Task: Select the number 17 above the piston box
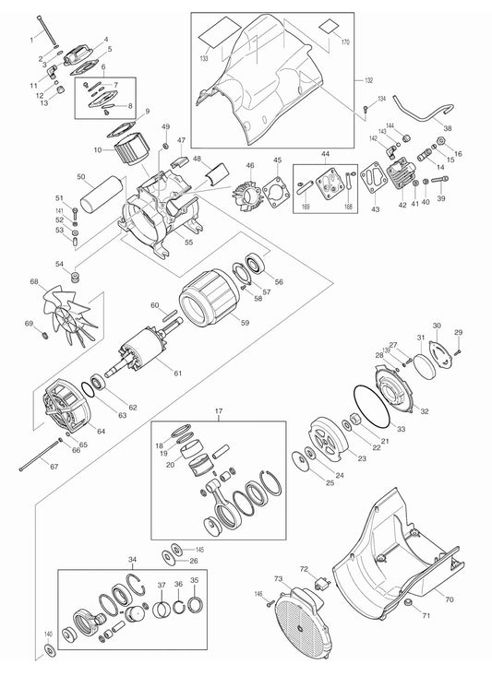pos(219,412)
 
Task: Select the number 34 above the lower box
pos(132,560)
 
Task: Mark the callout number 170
pos(346,42)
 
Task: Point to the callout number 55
pos(188,243)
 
